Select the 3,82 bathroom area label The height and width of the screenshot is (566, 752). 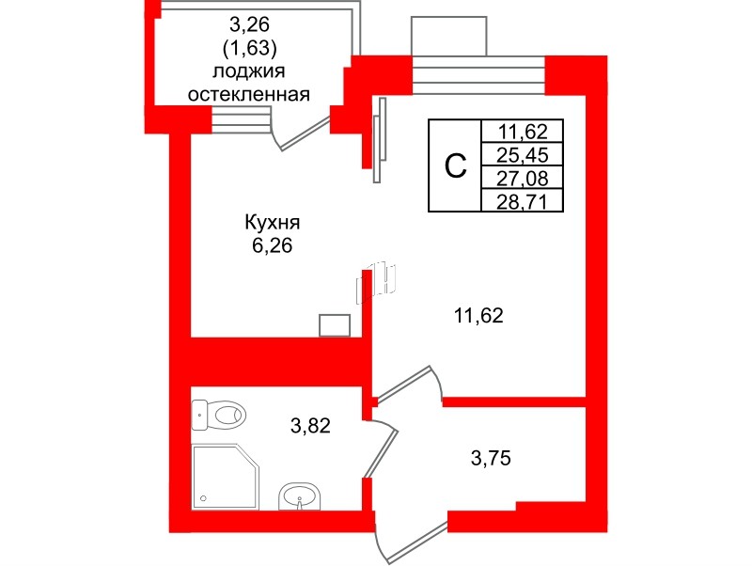point(310,427)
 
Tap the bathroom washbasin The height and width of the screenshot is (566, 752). point(300,495)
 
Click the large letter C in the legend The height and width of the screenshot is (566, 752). point(455,166)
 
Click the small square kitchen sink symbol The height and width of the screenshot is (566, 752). point(335,325)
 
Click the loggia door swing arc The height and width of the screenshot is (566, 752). point(299,136)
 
